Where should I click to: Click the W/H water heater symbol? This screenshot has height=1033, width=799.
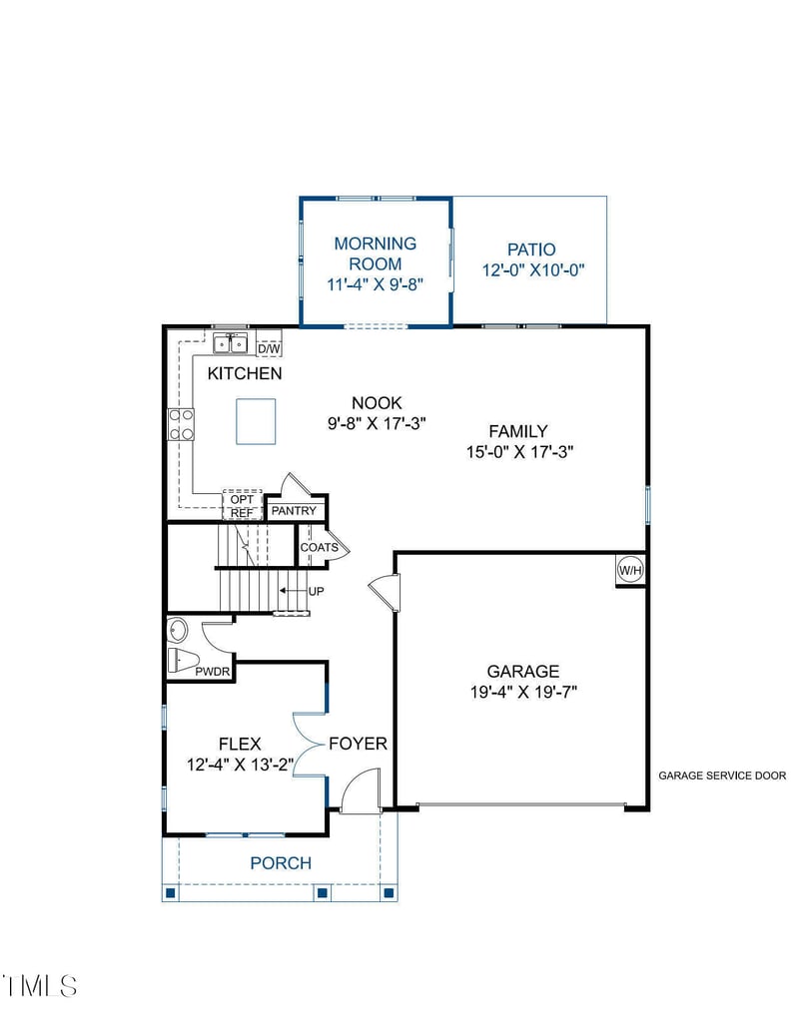[630, 571]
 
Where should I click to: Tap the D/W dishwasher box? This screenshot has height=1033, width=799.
[269, 348]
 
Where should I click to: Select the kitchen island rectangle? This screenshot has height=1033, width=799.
[256, 421]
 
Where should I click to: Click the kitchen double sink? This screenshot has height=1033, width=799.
[230, 344]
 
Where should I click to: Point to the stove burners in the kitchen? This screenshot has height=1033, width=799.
[181, 424]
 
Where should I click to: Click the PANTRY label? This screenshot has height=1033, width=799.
[294, 511]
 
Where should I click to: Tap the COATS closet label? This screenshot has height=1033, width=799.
[319, 548]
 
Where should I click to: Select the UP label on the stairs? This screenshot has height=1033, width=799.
[317, 592]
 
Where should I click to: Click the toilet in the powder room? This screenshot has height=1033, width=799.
[183, 660]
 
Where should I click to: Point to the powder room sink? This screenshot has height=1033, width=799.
[178, 631]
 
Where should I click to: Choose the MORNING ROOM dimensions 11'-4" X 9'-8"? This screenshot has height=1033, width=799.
[376, 284]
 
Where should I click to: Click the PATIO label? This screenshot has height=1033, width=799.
[531, 250]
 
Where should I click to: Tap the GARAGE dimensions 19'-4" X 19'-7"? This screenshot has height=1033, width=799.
[523, 692]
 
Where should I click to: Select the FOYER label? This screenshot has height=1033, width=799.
[358, 744]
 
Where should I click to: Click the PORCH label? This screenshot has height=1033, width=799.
[281, 863]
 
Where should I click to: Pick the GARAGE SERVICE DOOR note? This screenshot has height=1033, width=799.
[722, 776]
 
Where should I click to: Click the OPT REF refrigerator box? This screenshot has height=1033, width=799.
[242, 505]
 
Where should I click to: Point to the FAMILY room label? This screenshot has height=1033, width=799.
[518, 431]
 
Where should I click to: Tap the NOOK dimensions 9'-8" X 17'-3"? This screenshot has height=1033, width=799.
[378, 423]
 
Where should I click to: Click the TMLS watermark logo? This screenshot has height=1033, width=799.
[40, 986]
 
